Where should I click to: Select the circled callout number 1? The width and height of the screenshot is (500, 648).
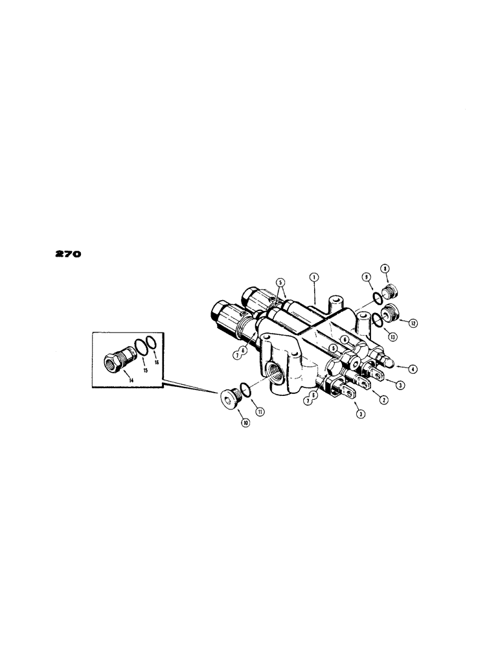point(313,277)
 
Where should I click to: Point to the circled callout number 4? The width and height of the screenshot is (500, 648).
point(413,369)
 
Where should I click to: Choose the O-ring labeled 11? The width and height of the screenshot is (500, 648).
point(242,389)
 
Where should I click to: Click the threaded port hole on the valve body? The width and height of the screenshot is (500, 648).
point(274,373)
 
